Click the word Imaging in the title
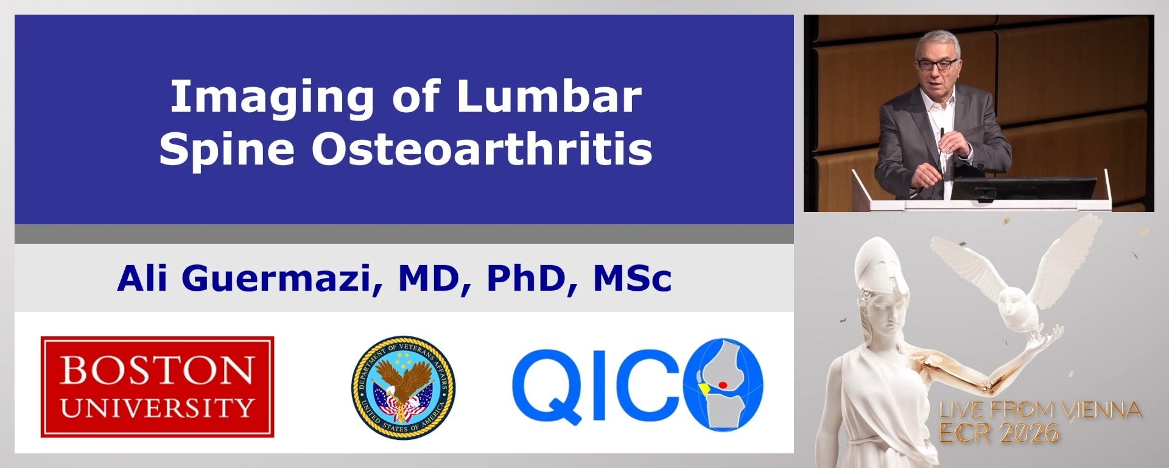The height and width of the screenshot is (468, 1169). pos(272,97)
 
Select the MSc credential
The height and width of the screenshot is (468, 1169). pos(632,278)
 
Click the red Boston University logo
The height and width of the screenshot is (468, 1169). pos(157,387)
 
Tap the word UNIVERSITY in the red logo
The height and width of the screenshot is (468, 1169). pos(157,408)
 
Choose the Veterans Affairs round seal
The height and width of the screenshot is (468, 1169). pos(403,388)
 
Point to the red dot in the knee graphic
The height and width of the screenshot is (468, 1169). pos(723,385)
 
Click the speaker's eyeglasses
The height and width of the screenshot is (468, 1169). pos(938,64)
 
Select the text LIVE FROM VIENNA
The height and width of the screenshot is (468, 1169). pos(1039,410)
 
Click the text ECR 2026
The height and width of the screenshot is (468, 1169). pos(999,433)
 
